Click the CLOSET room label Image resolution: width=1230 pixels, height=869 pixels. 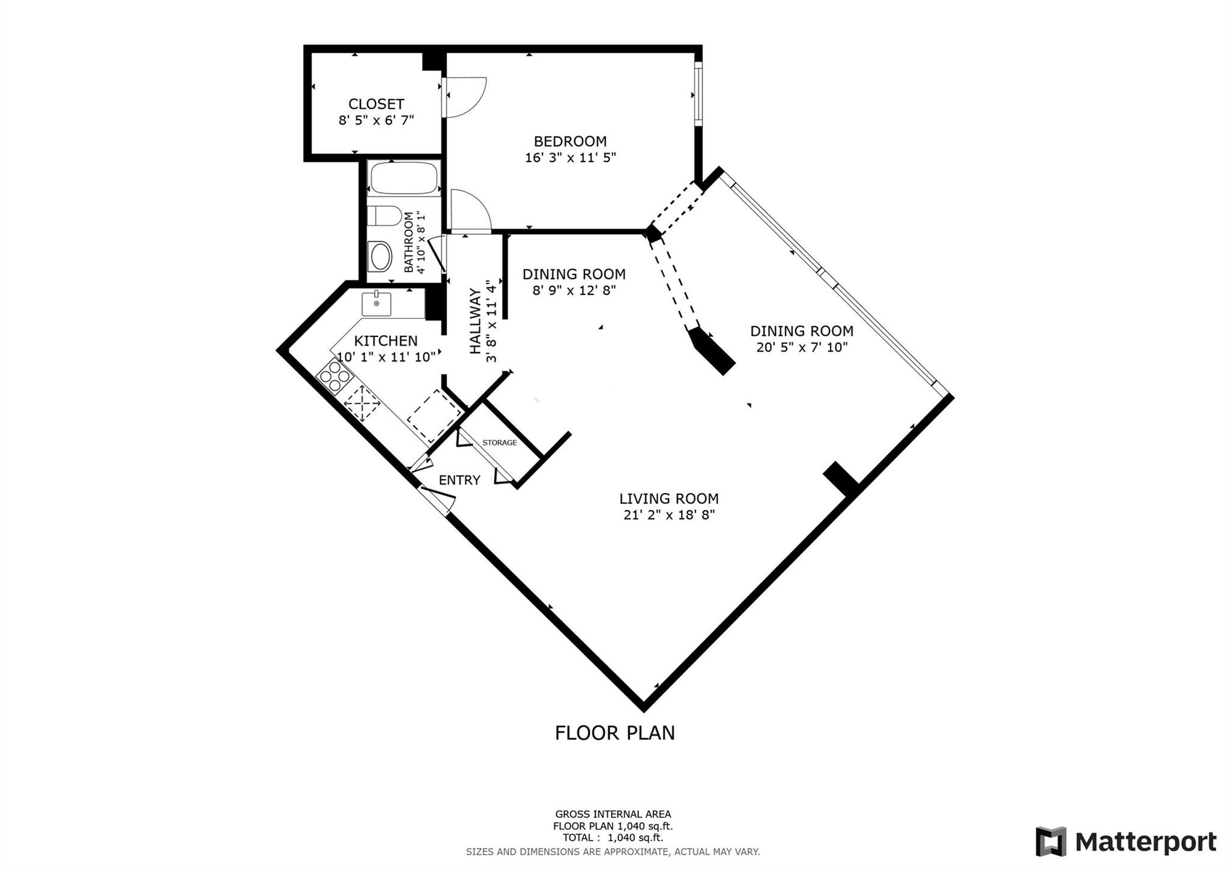pyautogui.click(x=376, y=104)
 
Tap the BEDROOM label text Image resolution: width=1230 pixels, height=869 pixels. pyautogui.click(x=570, y=141)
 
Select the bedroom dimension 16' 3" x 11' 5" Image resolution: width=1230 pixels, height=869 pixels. pyautogui.click(x=570, y=158)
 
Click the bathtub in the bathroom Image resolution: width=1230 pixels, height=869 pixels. pyautogui.click(x=404, y=178)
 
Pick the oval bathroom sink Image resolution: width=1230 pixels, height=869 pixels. pyautogui.click(x=380, y=257)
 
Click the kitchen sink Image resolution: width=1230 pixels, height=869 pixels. pyautogui.click(x=377, y=304)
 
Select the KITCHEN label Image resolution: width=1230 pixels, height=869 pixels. pyautogui.click(x=386, y=341)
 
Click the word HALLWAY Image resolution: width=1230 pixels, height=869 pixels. pyautogui.click(x=475, y=321)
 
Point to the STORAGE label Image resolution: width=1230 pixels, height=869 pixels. pyautogui.click(x=500, y=443)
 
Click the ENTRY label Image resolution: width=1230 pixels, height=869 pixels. pyautogui.click(x=459, y=480)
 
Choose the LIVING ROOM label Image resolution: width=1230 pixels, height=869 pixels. pyautogui.click(x=669, y=498)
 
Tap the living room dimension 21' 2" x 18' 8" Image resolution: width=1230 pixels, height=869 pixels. pyautogui.click(x=669, y=515)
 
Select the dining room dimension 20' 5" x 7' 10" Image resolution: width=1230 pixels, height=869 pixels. pyautogui.click(x=802, y=347)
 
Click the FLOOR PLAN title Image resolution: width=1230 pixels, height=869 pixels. pyautogui.click(x=615, y=733)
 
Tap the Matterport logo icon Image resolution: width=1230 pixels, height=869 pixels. pyautogui.click(x=1050, y=842)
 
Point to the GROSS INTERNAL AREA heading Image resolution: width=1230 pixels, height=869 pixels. pyautogui.click(x=613, y=814)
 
